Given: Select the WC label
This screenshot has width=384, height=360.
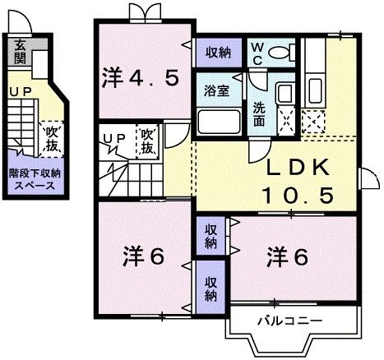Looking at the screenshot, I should click(x=256, y=53).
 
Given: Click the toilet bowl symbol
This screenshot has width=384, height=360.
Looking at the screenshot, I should click(x=282, y=53).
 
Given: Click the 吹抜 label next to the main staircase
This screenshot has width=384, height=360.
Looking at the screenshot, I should click(x=148, y=141).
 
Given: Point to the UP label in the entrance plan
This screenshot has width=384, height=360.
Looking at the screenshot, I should click(x=18, y=91).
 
